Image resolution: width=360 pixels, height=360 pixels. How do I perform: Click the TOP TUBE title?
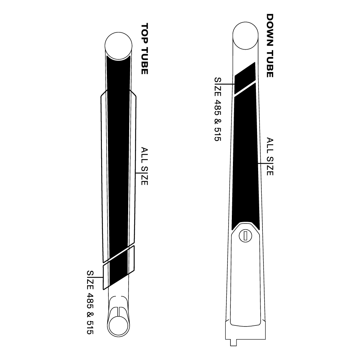tap(144, 49)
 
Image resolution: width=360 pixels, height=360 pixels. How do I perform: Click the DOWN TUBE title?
tap(270, 45)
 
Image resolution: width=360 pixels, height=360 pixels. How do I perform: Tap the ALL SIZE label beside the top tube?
tap(144, 166)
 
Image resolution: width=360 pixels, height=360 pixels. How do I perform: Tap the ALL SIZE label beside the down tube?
tap(270, 157)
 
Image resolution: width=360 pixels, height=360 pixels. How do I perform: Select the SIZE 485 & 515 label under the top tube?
tap(90, 302)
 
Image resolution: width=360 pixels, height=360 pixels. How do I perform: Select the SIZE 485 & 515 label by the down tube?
tap(218, 109)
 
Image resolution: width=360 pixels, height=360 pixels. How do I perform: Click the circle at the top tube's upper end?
tap(118, 46)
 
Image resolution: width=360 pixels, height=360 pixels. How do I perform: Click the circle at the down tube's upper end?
tap(246, 36)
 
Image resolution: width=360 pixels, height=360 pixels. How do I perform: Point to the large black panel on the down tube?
tap(246, 156)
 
